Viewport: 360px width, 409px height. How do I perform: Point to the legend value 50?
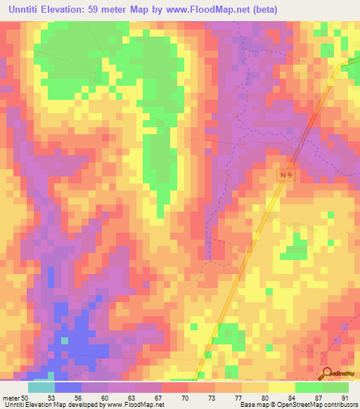click(25, 398)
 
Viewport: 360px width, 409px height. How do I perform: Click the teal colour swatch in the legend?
click(41, 387)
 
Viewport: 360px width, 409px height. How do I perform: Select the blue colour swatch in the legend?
click(68, 387)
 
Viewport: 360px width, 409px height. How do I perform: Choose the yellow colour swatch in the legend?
click(281, 387)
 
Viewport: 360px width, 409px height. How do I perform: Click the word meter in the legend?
click(11, 398)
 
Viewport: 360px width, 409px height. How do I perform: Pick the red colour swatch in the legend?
click(175, 387)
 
